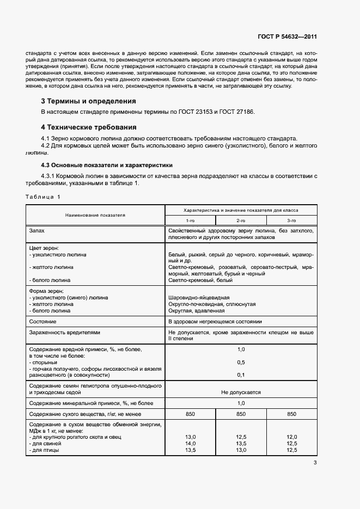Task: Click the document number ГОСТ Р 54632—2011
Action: (287, 37)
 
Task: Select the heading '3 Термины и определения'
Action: (89, 101)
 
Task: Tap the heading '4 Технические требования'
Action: (89, 127)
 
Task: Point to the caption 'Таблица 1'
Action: (43, 197)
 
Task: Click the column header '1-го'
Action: (190, 220)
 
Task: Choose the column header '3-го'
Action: (291, 220)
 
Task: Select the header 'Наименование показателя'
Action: (95, 215)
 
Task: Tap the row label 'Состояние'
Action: (43, 322)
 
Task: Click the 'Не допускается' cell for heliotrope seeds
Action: (241, 392)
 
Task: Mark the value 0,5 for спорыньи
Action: (241, 362)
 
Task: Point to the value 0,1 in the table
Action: (241, 375)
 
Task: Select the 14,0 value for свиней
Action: (190, 444)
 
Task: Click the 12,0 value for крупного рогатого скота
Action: (291, 437)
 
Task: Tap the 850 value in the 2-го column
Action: (241, 414)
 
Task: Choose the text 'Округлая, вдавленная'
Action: (196, 311)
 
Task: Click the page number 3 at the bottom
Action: (315, 463)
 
